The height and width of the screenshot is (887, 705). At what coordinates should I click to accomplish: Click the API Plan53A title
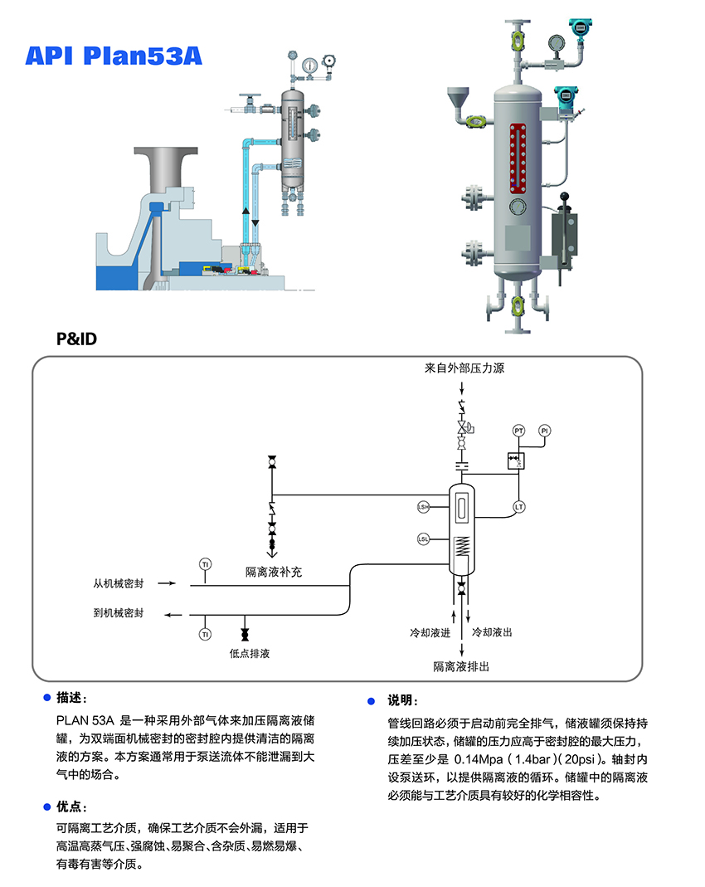[x=113, y=56]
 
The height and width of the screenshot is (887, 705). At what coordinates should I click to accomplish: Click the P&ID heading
[x=76, y=339]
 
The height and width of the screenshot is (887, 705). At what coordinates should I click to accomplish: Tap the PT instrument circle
[x=519, y=431]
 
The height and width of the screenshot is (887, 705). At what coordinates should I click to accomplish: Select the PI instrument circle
[x=545, y=431]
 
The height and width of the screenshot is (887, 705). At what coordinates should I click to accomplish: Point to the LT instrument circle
[x=519, y=506]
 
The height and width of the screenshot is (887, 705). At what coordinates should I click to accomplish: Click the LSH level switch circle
[x=423, y=506]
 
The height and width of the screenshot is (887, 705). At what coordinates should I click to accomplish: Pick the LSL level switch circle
[x=423, y=539]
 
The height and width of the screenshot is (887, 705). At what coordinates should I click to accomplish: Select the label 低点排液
[x=250, y=653]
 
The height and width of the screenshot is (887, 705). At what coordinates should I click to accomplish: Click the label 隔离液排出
[x=461, y=666]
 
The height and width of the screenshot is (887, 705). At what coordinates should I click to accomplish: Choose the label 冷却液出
[x=492, y=633]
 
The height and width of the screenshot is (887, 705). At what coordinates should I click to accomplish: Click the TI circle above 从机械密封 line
[x=205, y=564]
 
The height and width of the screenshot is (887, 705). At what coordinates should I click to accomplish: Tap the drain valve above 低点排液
[x=245, y=624]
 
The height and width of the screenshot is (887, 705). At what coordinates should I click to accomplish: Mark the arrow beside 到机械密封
[x=172, y=615]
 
